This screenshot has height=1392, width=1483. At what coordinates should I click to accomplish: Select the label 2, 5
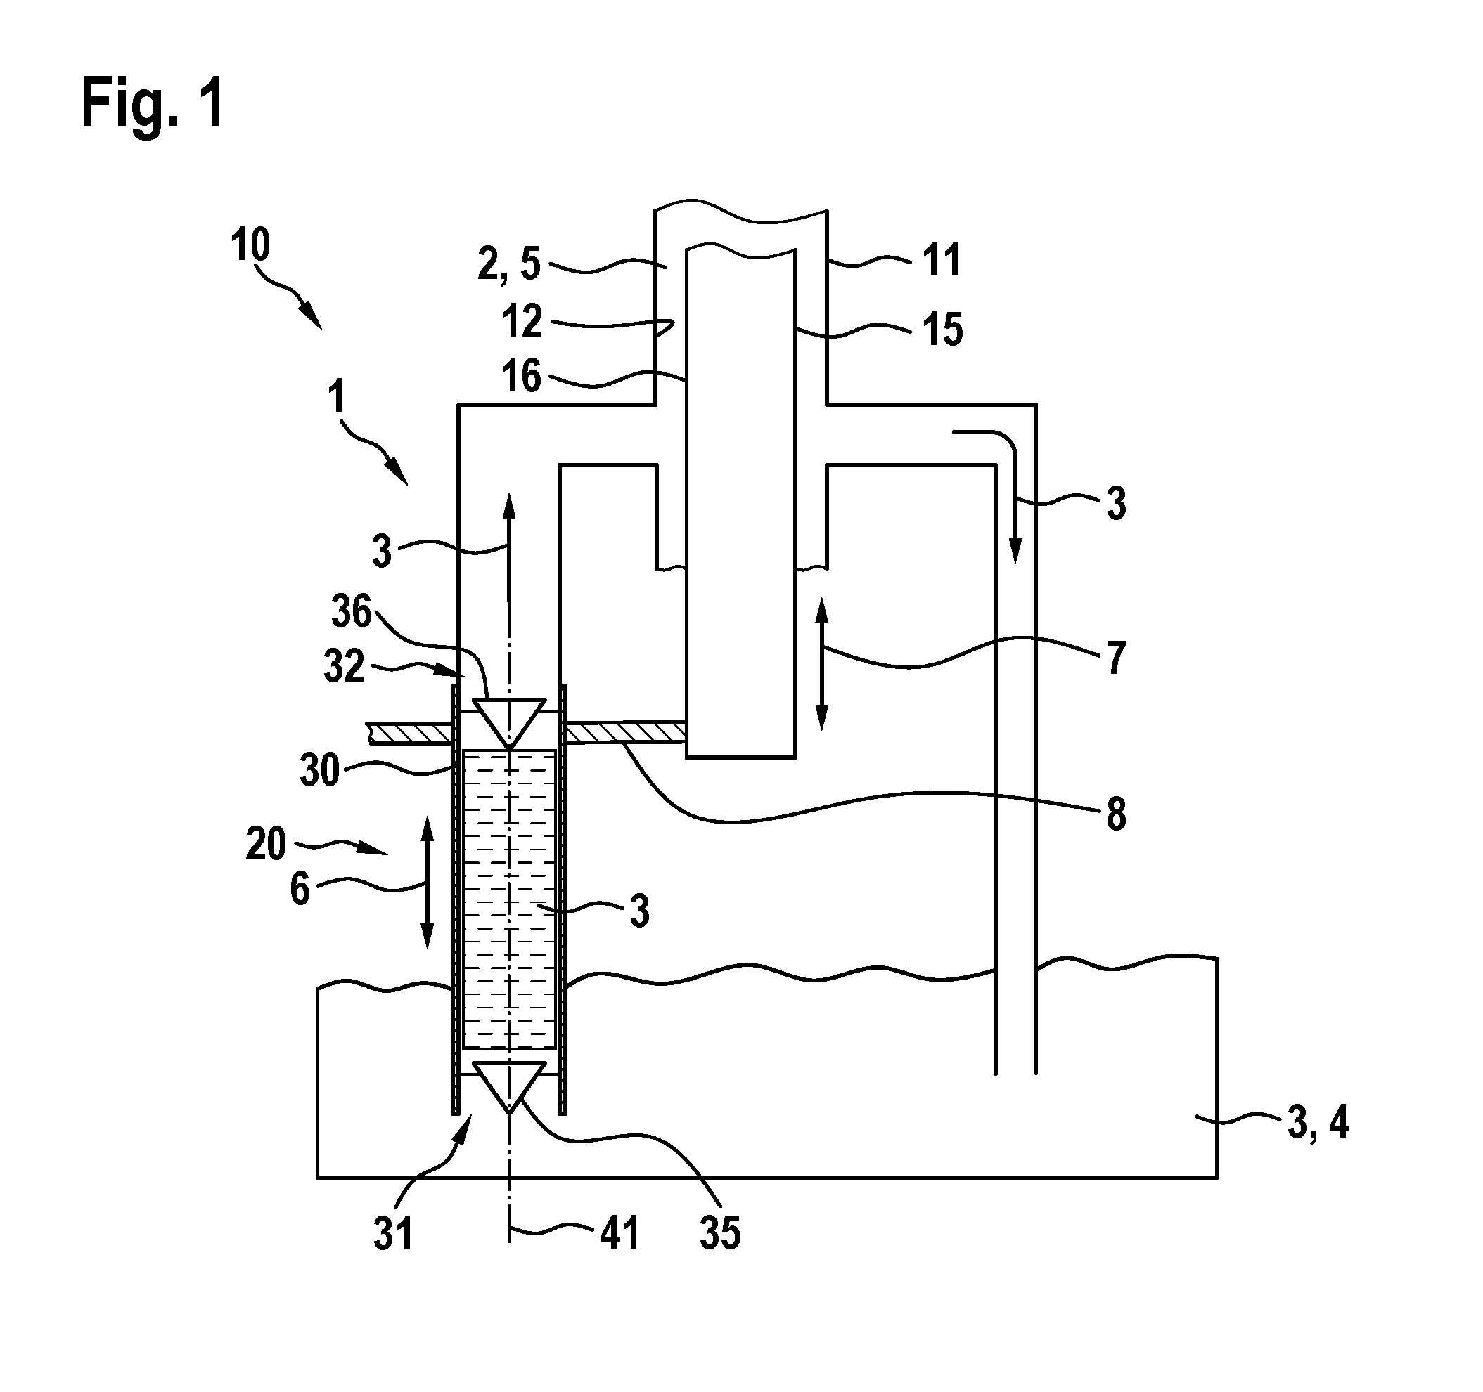[509, 264]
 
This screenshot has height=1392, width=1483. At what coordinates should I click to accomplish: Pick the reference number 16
[522, 375]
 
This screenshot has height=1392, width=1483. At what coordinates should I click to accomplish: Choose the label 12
[522, 321]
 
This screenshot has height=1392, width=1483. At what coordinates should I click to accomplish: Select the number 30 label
[320, 769]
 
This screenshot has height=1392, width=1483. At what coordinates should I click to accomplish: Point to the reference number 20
[267, 845]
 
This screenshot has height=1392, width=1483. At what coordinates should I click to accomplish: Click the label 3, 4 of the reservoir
[1318, 1122]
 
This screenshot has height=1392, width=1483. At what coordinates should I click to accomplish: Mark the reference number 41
[619, 1233]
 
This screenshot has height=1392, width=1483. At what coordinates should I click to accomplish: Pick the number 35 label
[720, 1233]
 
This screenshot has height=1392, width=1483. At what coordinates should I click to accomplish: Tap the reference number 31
[393, 1235]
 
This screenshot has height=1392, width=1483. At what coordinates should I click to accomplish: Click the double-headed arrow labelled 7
[822, 663]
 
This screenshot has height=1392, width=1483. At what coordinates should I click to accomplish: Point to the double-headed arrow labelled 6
[428, 883]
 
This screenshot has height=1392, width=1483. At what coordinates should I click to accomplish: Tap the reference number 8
[1116, 815]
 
